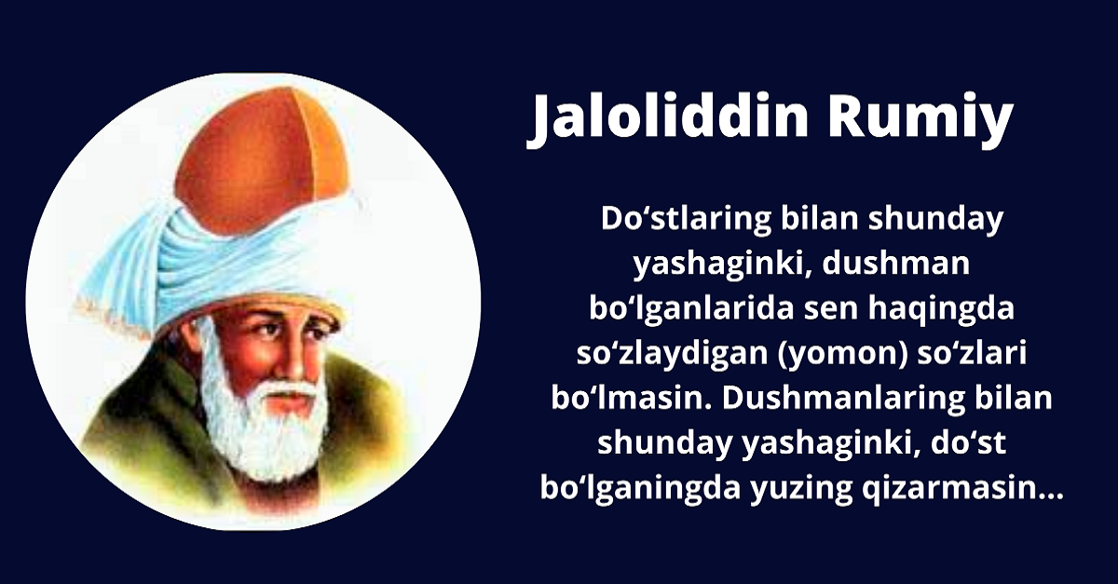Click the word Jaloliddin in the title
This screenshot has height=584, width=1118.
pos(667,120)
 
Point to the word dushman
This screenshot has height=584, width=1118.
pos(895,263)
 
